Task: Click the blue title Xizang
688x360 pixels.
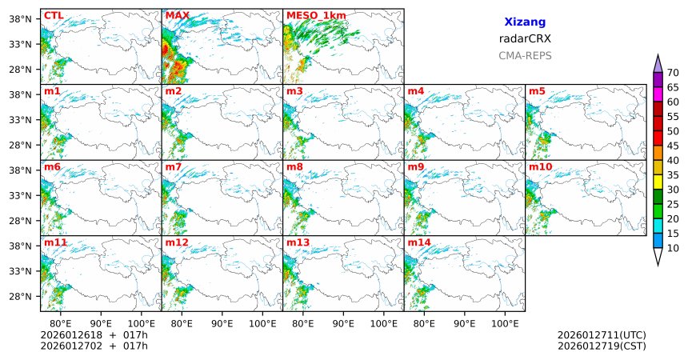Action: coord(525,23)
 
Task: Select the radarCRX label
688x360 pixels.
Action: coord(525,38)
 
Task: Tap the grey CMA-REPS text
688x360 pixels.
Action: coord(525,56)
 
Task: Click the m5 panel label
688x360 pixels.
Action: coord(537,91)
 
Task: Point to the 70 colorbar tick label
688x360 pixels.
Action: coord(674,73)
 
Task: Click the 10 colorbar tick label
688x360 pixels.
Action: coord(674,249)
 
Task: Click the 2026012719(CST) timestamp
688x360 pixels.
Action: coord(602,346)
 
